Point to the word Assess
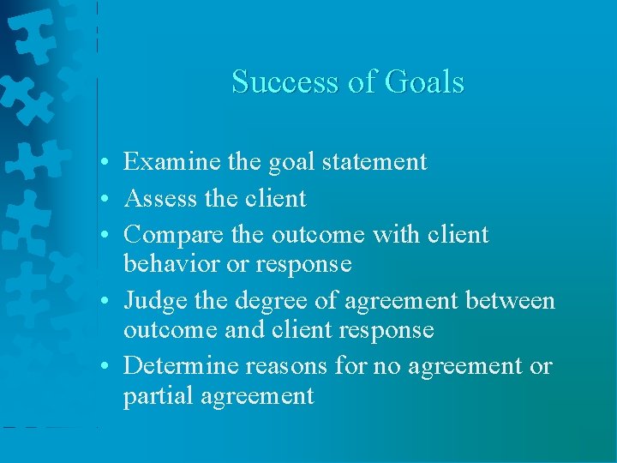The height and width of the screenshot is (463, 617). coord(160,198)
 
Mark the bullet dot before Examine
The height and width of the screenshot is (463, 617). coord(103,162)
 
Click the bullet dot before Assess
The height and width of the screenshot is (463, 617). coord(103,199)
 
